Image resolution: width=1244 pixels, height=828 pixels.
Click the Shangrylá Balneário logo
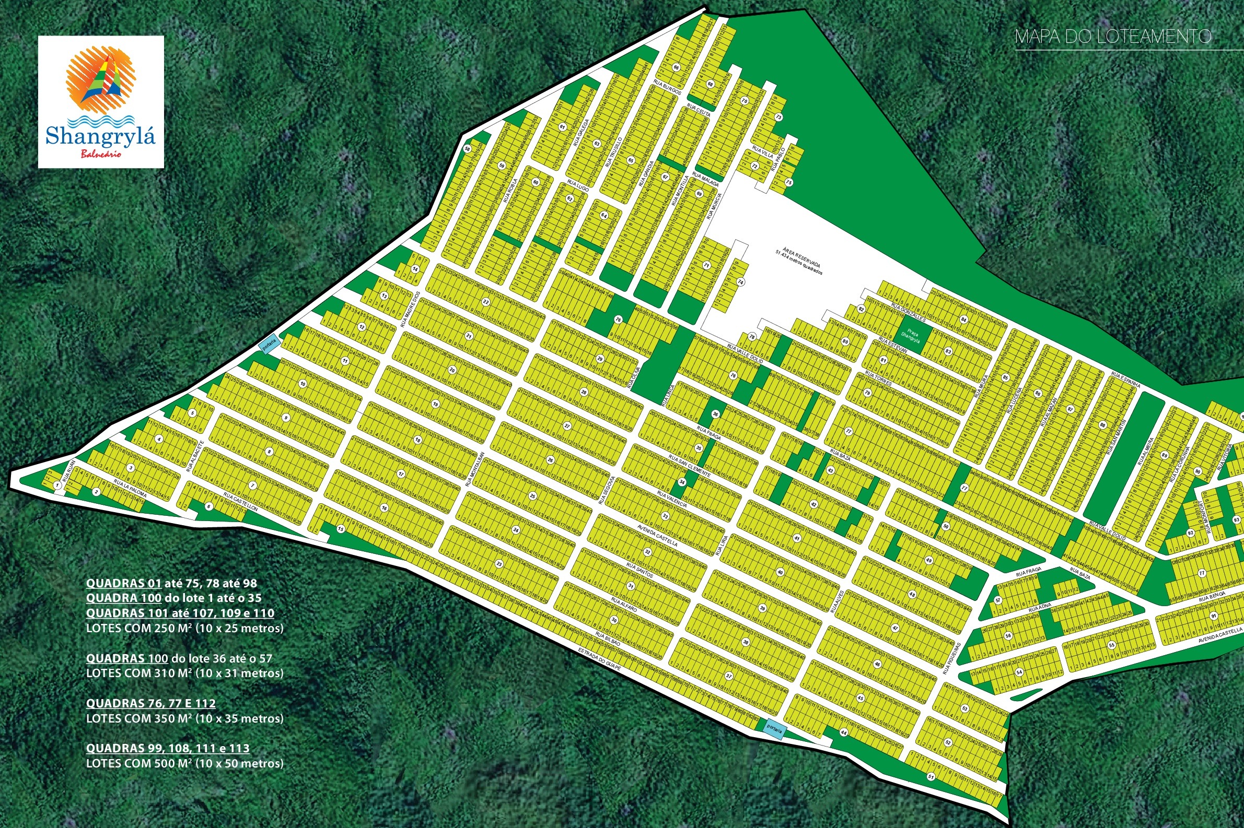pos(101,102)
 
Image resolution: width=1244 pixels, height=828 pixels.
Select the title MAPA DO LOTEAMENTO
pos(1113,37)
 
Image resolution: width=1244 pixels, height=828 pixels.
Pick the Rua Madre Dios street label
pos(410,310)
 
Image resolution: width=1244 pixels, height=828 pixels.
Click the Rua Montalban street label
pos(474,468)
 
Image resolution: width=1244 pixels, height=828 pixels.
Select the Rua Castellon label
pos(240,501)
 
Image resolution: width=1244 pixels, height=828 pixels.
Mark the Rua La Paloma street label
pos(130,490)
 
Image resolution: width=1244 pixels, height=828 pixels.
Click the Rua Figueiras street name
pos(951,658)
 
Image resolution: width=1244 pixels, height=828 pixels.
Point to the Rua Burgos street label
pos(667,88)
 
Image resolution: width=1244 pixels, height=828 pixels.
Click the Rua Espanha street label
pos(1125,379)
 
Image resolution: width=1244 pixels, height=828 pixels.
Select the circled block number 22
pos(485,302)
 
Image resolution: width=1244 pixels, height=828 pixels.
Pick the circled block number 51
pos(931,776)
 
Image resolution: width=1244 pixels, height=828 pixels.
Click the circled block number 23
pos(499,564)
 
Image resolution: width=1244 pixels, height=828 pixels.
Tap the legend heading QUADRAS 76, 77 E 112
pos(150,703)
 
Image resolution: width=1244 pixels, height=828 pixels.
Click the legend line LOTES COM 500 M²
pos(184,764)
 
